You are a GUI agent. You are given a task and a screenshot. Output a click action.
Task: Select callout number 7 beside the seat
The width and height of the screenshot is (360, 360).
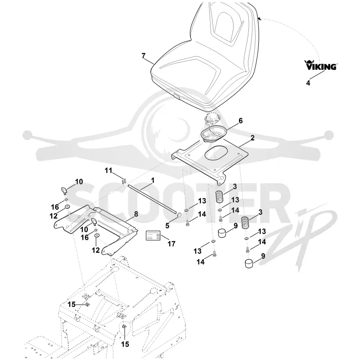(144, 56)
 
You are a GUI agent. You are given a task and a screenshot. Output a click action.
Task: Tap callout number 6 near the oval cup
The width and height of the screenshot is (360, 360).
(241, 121)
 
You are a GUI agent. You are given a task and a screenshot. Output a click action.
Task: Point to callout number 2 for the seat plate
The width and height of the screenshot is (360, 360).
(252, 138)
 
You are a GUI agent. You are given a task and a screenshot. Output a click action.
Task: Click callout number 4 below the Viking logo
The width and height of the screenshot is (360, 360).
(308, 83)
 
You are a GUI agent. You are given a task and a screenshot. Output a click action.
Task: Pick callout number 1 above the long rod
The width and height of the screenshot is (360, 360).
(153, 180)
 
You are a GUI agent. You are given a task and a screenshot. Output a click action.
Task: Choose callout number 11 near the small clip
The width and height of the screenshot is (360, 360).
(108, 171)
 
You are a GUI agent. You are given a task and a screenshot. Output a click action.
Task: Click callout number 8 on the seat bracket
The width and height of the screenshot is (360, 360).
(136, 214)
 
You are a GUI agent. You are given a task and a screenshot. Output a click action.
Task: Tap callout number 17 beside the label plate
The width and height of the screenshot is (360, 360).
(171, 244)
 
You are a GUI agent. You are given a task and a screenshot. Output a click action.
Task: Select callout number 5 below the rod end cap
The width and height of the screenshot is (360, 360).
(167, 226)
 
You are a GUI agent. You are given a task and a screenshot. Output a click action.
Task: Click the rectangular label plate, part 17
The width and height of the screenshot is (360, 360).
(153, 235)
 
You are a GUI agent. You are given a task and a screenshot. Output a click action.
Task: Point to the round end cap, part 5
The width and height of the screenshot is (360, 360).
(178, 216)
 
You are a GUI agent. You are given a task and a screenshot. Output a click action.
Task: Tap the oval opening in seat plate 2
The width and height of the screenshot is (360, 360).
(216, 153)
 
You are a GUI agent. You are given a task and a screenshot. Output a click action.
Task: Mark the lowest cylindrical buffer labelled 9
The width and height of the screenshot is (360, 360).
(249, 263)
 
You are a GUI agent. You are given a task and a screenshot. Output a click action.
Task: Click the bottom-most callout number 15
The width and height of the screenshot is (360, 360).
(125, 344)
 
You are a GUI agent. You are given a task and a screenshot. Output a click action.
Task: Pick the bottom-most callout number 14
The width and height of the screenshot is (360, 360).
(201, 262)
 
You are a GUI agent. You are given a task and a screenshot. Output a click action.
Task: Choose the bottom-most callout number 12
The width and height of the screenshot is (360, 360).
(96, 250)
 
